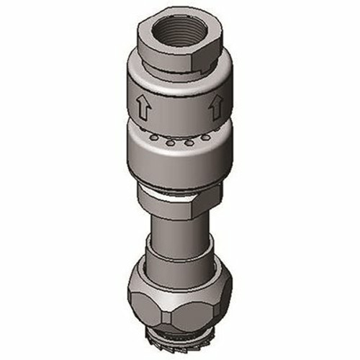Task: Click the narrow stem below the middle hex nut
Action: (x=180, y=234)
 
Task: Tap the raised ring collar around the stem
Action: (x=180, y=256)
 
